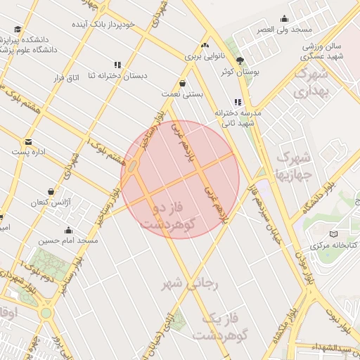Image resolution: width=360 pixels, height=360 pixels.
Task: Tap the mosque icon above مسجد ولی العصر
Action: click(284, 19)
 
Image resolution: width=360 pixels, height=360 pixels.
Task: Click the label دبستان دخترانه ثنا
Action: click(116, 75)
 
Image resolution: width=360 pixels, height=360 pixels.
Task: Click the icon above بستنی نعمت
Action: click(183, 83)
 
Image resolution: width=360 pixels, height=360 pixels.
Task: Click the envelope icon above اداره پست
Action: click(28, 141)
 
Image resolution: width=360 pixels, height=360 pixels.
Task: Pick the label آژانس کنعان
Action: click(50, 202)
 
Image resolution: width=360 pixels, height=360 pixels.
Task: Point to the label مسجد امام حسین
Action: click(68, 240)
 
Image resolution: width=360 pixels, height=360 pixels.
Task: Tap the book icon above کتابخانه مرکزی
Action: click(333, 233)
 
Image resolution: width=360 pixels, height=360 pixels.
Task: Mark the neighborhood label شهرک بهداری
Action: click(312, 82)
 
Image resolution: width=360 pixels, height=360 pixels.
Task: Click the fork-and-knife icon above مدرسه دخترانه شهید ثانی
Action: click(238, 102)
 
